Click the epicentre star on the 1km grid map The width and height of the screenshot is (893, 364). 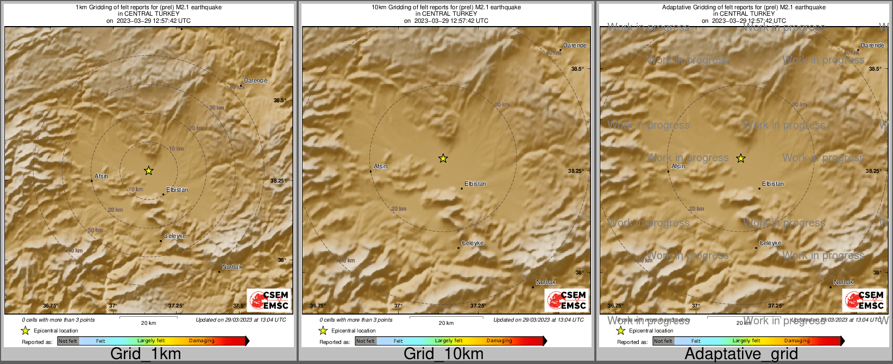click(x=148, y=171)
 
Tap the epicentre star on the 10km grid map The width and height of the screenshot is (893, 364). click(x=443, y=158)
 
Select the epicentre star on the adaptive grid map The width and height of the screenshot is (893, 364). click(x=741, y=158)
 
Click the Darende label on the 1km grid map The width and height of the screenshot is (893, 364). click(x=255, y=80)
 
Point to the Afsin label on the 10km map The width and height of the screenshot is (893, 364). click(x=381, y=166)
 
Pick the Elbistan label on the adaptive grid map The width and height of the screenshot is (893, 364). click(x=773, y=184)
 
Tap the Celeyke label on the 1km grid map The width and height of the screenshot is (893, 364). click(x=175, y=236)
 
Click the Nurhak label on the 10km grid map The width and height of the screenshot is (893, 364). click(x=546, y=282)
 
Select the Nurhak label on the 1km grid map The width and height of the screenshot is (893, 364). click(x=232, y=267)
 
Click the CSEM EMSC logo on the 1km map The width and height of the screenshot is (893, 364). click(x=269, y=300)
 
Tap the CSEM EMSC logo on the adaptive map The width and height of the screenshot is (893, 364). click(x=864, y=300)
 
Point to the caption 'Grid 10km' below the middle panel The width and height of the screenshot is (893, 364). click(x=443, y=354)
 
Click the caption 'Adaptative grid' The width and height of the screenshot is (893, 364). click(x=741, y=354)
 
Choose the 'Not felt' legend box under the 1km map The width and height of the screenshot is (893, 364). click(x=68, y=341)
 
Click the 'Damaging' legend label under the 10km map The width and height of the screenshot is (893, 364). click(x=499, y=341)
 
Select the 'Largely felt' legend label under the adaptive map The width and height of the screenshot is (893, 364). click(x=746, y=341)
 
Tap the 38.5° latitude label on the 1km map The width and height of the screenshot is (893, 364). click(x=279, y=101)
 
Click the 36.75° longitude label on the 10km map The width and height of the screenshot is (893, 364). click(x=318, y=306)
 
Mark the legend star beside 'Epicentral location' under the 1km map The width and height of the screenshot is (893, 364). click(x=25, y=330)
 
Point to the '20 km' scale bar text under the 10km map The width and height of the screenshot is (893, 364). click(x=446, y=323)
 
